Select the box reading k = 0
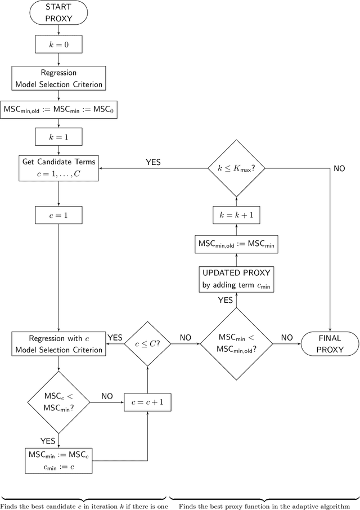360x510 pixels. coord(58,43)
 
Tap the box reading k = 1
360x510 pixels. coord(58,136)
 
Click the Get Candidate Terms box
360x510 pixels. coord(58,168)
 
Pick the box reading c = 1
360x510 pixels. coord(58,214)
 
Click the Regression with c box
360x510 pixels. coord(58,343)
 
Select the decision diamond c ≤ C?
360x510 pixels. coord(147,343)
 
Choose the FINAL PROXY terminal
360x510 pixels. coord(330,343)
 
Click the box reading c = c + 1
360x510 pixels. coord(147,402)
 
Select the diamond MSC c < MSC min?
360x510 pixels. coord(58,402)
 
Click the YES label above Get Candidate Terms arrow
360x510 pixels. coord(153,162)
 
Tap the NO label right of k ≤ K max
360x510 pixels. coord(339,168)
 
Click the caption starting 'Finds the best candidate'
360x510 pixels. coord(84,505)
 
